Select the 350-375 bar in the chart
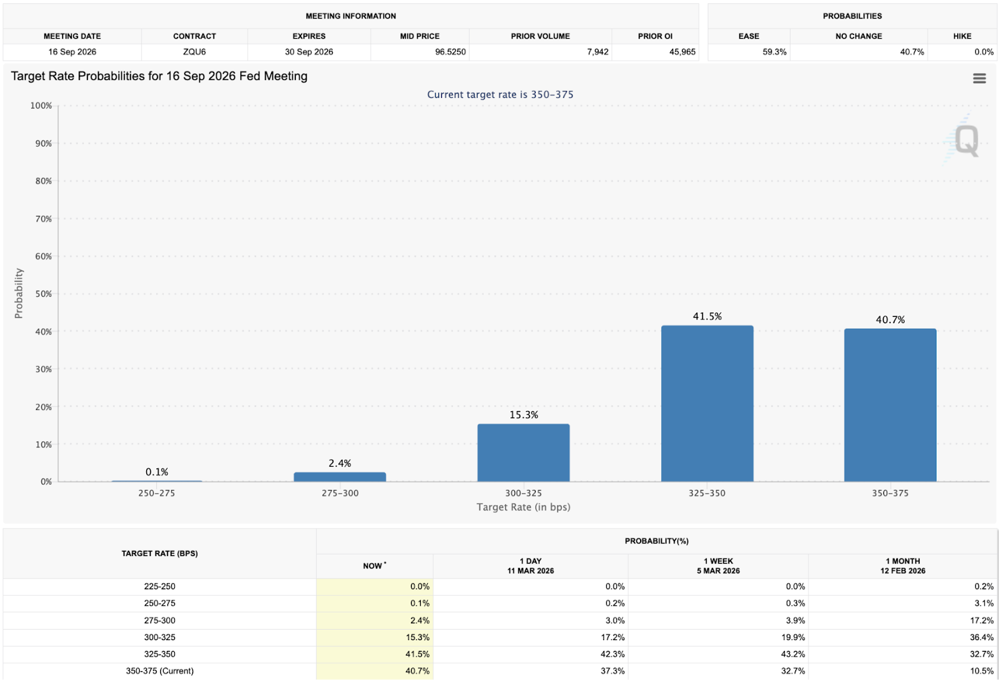(890, 405)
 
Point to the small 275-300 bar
(340, 477)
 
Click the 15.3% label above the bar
(523, 415)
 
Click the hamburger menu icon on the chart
(979, 79)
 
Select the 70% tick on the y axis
(43, 219)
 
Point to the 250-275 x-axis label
(156, 493)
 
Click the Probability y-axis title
(19, 293)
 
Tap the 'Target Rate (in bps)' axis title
(523, 507)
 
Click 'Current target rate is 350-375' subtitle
(499, 95)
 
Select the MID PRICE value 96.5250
(450, 52)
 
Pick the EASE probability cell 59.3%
(774, 52)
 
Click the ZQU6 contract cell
(194, 52)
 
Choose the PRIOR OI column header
(655, 36)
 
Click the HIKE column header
(962, 36)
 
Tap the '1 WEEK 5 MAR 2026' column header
(718, 566)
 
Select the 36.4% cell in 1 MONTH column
(981, 637)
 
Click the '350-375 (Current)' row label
(160, 671)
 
